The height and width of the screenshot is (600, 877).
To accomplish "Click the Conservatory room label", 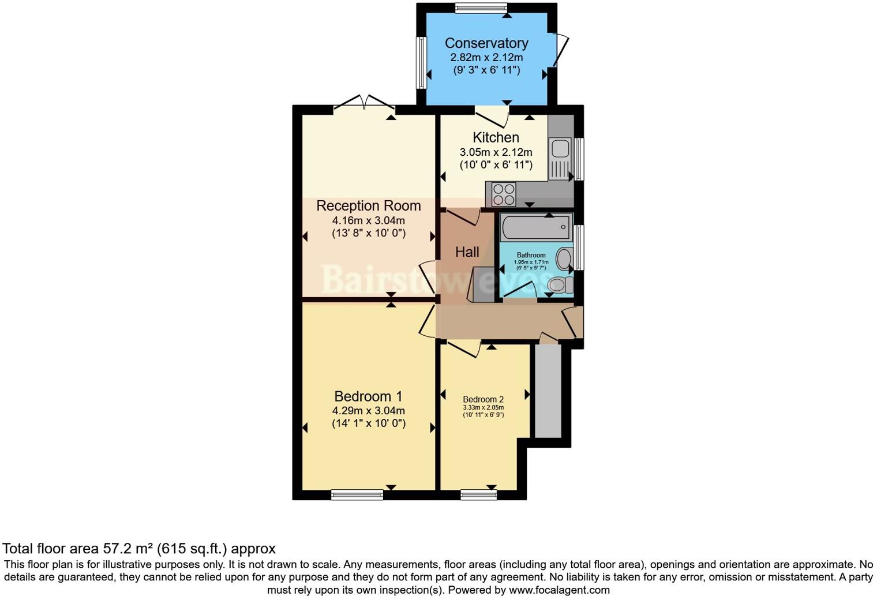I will pos(486,43).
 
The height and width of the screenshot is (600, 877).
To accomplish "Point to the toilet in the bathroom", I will pos(560,284).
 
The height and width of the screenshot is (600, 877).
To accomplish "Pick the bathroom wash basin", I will pos(565,258).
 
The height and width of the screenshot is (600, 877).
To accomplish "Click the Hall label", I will pos(467,252).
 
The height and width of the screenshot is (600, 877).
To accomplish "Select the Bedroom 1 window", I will pos(357,494).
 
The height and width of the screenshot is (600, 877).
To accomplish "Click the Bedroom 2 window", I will pos(478,494).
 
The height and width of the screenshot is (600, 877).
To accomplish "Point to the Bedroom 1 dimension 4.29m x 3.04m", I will pos(368,411).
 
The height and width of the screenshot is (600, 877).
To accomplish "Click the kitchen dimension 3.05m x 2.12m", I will pos(496,152).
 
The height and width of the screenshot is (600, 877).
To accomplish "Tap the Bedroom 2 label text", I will pos(483,399).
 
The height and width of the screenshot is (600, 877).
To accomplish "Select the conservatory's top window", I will pos(481,7).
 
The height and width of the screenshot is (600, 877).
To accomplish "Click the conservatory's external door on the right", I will pos(560,51).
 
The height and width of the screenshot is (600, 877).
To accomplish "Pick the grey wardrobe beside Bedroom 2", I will pos(548,391).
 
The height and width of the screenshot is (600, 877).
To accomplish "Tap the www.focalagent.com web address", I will pos(559,590).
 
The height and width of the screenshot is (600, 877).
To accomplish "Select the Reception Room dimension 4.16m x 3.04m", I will pos(368,220).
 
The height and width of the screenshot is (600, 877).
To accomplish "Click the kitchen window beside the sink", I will pos(579,159).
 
